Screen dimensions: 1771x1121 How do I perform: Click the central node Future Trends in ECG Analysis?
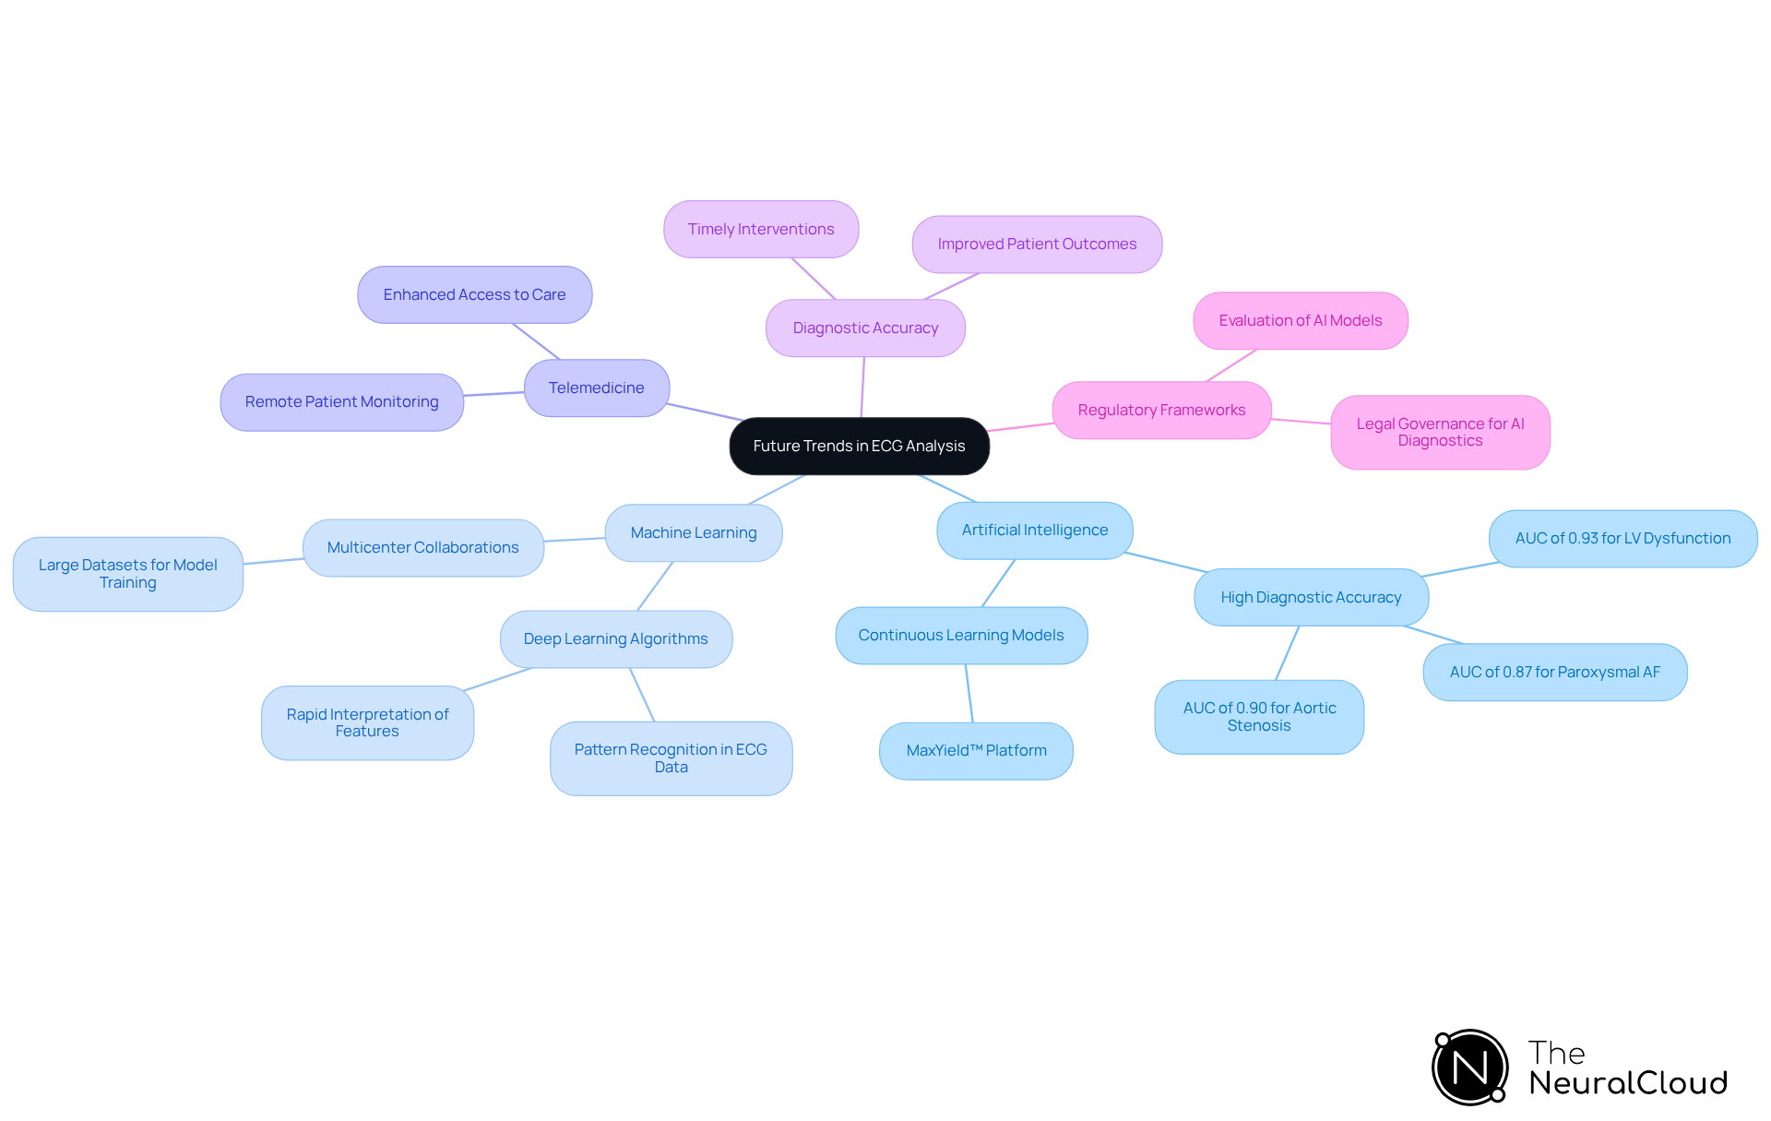point(859,447)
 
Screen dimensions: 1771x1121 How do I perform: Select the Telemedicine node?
point(596,388)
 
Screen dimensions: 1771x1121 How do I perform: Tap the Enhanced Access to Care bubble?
point(474,295)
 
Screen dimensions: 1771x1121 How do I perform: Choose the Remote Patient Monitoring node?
point(341,402)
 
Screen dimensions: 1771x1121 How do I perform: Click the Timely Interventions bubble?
point(760,230)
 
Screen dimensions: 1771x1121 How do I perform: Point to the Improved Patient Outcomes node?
point(1037,244)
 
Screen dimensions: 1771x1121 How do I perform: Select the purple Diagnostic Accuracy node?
point(865,328)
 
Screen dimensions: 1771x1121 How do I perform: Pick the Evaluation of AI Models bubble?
point(1300,321)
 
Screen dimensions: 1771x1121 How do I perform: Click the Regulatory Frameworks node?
point(1161,411)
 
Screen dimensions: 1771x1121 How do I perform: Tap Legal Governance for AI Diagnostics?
point(1440,433)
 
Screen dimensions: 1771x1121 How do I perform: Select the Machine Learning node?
point(693,533)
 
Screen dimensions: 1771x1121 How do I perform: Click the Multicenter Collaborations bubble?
point(422,548)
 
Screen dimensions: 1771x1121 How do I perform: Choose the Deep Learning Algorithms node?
point(615,639)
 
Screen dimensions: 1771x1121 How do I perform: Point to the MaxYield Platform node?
point(976,751)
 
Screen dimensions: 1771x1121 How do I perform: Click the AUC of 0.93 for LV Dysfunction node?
point(1622,539)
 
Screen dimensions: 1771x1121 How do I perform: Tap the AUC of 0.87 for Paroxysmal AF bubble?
point(1554,673)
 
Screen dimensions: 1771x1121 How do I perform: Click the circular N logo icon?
point(1470,1067)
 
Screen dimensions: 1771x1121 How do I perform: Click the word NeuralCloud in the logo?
point(1628,1083)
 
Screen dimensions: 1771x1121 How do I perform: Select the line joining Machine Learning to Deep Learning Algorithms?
point(655,586)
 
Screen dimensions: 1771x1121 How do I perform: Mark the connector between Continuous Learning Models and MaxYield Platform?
point(969,693)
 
